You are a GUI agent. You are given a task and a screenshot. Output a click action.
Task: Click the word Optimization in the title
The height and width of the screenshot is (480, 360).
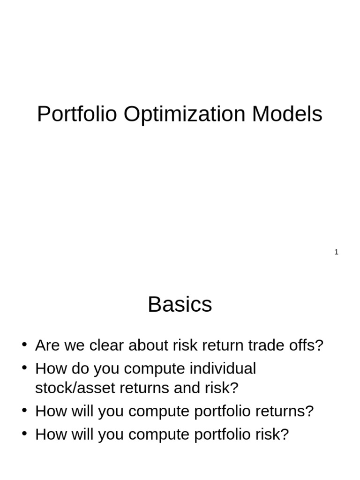184,114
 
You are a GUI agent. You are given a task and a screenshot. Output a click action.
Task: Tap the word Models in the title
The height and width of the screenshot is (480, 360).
287,114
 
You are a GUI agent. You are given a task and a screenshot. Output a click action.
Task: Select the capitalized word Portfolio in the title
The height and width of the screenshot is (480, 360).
76,114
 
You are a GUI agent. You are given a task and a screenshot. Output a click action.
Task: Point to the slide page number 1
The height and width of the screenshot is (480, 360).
336,252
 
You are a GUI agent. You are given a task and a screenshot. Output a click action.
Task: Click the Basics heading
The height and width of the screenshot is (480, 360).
180,305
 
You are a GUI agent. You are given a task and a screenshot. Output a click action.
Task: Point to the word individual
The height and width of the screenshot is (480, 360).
223,368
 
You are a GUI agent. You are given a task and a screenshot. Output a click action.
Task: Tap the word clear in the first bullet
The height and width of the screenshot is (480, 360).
107,345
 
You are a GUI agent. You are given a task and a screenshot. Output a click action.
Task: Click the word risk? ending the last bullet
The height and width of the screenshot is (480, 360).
270,434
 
